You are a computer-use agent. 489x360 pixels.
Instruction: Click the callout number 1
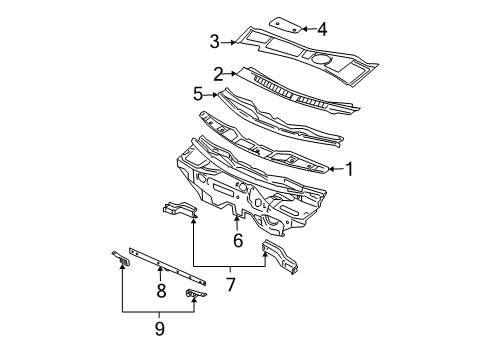(x=349, y=169)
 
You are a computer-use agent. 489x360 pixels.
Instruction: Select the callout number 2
(x=218, y=74)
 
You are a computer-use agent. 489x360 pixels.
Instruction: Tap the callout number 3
(x=215, y=42)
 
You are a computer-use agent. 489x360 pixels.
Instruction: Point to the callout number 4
(x=322, y=29)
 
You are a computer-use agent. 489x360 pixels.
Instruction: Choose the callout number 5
(x=198, y=94)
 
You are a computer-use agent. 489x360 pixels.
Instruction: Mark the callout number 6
(x=238, y=240)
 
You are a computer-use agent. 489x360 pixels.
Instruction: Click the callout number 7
(x=230, y=284)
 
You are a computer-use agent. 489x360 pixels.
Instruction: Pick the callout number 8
(x=161, y=291)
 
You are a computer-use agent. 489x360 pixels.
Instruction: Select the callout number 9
(x=160, y=329)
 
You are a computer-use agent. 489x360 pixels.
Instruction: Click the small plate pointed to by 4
(x=286, y=25)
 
